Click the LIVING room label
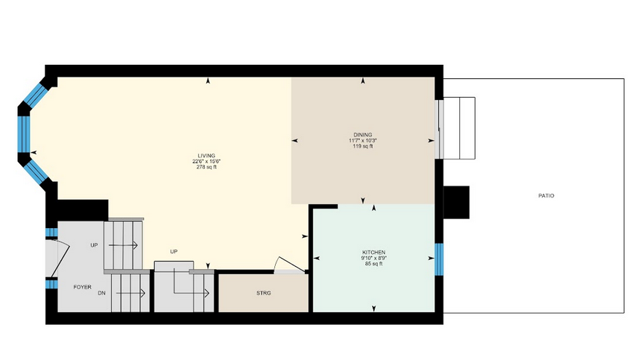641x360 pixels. click(206, 156)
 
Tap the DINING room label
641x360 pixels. click(363, 135)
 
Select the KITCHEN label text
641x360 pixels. click(373, 253)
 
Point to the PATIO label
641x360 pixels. click(546, 196)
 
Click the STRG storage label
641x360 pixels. click(264, 293)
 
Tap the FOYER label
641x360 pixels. click(82, 287)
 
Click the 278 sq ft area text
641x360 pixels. click(206, 167)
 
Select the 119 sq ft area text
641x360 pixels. click(363, 146)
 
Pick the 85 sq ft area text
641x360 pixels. click(373, 264)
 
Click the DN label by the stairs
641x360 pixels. click(101, 293)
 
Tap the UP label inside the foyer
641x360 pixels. click(94, 245)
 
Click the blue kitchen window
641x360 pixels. click(439, 259)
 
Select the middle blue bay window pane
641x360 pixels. click(25, 134)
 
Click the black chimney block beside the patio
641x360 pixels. click(456, 202)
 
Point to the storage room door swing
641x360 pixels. click(289, 265)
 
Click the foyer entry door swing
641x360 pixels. click(60, 258)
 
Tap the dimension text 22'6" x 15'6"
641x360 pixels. click(206, 162)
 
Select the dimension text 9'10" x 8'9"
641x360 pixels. click(373, 258)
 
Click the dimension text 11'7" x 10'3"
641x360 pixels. click(363, 141)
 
